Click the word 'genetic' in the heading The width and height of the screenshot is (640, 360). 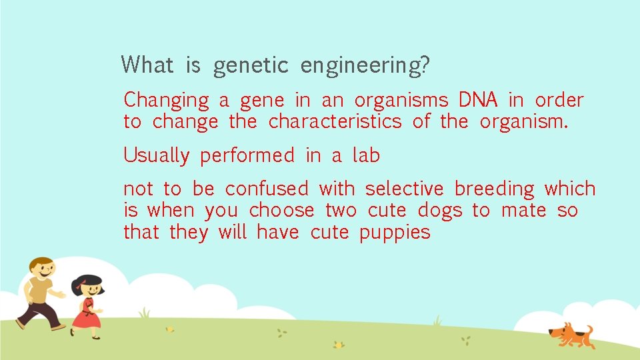[251, 66]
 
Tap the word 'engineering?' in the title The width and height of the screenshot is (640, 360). [365, 66]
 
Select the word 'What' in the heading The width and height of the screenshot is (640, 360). [147, 65]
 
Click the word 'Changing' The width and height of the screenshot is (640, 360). [166, 101]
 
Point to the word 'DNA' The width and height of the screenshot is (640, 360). [478, 100]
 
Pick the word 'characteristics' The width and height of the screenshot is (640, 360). [335, 122]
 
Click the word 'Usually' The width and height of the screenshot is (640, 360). [157, 156]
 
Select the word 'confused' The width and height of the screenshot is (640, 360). [267, 189]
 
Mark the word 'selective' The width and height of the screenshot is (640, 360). [405, 189]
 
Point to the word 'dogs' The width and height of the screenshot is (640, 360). [439, 211]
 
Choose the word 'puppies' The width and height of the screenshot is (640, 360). [395, 233]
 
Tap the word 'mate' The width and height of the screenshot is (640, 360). [523, 211]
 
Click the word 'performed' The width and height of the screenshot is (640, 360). [247, 156]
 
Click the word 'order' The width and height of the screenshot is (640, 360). [559, 100]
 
